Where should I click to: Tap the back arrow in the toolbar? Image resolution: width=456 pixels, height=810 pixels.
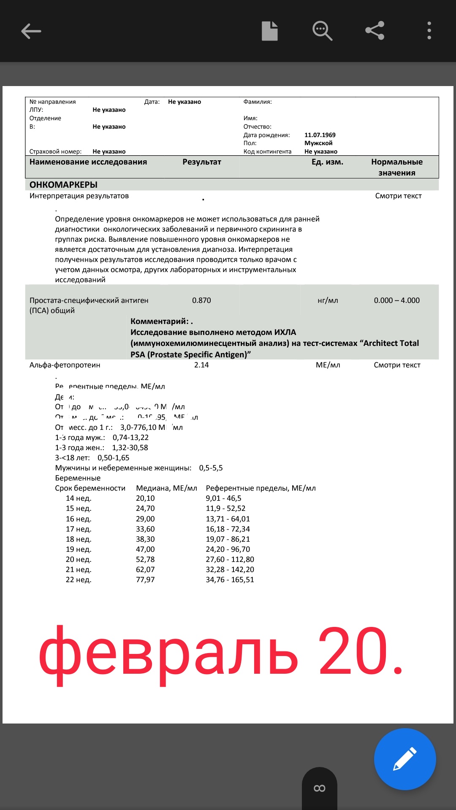click(x=31, y=31)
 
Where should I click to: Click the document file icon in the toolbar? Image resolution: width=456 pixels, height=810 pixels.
click(x=270, y=31)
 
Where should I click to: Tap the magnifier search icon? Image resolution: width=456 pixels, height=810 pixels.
click(x=322, y=31)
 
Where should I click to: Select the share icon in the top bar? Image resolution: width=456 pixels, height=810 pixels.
click(x=375, y=31)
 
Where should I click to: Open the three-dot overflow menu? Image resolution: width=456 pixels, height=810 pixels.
click(x=429, y=31)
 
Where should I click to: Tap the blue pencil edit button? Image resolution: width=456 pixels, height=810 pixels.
click(x=405, y=759)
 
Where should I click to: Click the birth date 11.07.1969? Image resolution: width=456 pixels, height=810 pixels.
click(x=320, y=135)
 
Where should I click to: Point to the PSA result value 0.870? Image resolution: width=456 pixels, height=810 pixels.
click(x=201, y=300)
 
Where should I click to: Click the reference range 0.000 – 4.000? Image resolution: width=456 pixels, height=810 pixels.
click(x=396, y=300)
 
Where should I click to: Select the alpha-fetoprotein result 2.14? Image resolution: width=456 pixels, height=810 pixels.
click(x=201, y=365)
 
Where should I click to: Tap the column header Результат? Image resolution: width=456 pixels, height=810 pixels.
click(x=202, y=162)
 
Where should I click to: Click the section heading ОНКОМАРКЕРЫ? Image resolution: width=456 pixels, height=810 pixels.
click(x=63, y=185)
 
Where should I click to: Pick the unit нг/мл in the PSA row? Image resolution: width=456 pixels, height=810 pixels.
click(x=328, y=300)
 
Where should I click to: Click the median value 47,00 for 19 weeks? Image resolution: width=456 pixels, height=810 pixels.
click(x=145, y=549)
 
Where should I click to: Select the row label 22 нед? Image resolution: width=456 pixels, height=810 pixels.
click(x=79, y=580)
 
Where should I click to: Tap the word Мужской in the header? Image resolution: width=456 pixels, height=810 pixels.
click(x=318, y=143)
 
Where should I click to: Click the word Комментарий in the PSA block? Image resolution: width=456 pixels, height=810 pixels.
click(x=159, y=321)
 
